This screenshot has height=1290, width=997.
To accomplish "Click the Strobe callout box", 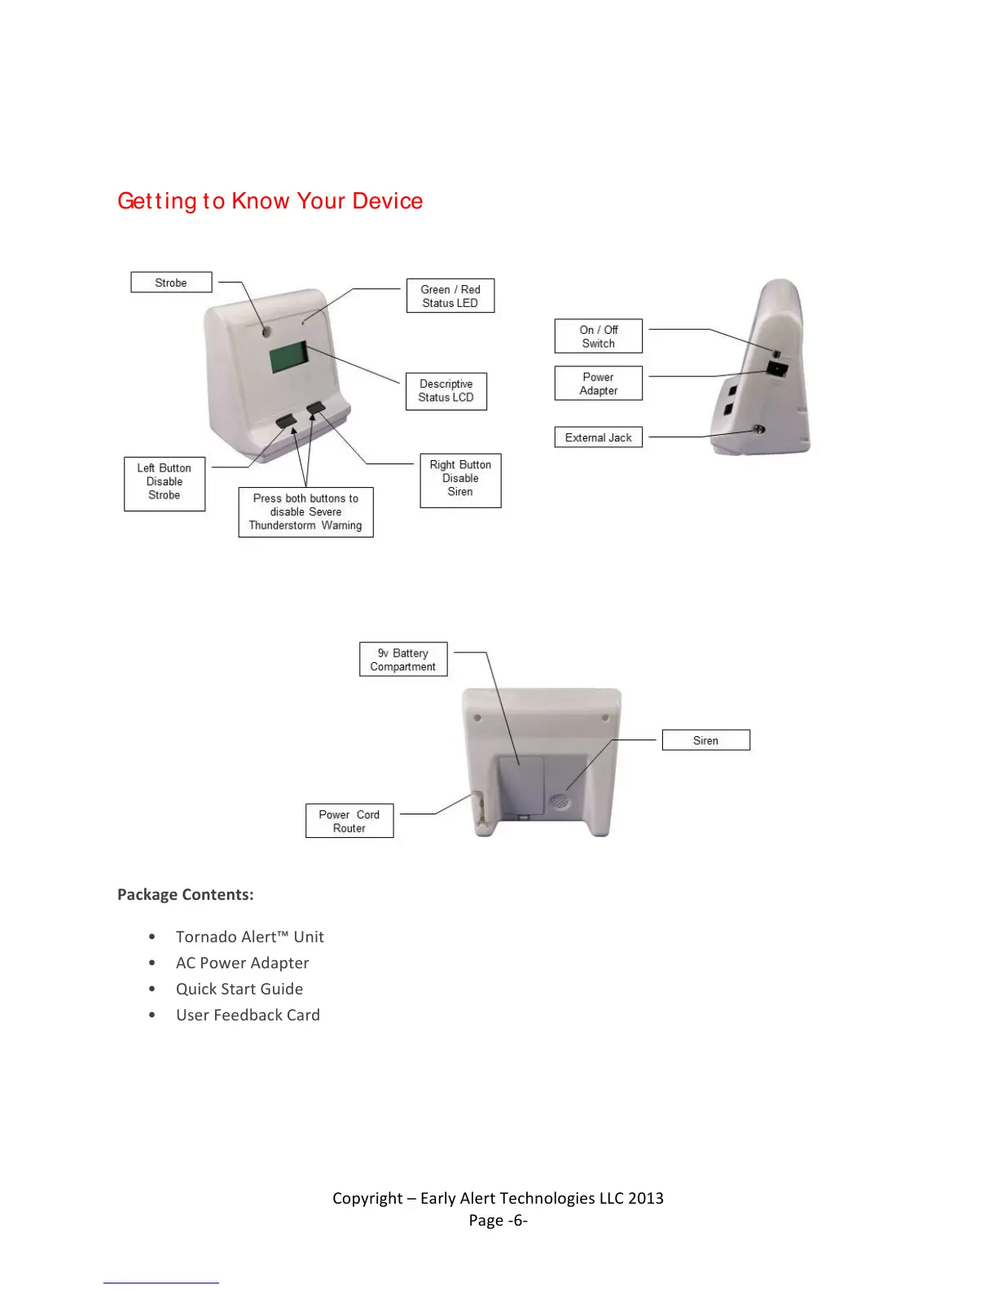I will point(171,283).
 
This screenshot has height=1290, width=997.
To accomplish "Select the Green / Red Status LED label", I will point(450,296).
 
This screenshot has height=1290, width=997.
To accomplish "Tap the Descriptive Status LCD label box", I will point(446,391).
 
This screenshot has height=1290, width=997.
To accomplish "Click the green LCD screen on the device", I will point(288,357).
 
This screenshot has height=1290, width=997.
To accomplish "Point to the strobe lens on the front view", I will point(266,331).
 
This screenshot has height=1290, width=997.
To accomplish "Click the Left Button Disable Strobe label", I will point(165,482).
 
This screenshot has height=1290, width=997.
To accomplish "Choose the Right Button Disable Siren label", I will point(460,479).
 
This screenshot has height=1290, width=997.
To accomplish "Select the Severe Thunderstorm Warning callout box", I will point(305,512).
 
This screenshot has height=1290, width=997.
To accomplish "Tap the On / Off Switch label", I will point(599,336).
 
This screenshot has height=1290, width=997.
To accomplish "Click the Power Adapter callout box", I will point(599,384).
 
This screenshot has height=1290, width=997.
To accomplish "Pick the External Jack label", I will point(599,437).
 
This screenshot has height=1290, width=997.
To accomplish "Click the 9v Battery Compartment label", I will point(403,660).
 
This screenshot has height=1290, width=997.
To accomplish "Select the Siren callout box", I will point(705,740).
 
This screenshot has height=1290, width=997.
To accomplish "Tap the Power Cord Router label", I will point(349,821).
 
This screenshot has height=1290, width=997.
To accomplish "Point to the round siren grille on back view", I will point(559,801).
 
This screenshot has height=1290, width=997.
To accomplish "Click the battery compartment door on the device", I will point(521,785).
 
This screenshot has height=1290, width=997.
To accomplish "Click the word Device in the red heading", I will point(388,201).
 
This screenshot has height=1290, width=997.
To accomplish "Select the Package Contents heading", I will point(186,894).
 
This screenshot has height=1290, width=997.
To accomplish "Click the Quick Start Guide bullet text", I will point(239,989).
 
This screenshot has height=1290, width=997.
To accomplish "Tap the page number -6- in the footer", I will point(517,1220).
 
